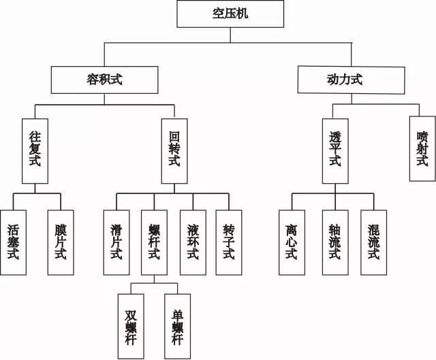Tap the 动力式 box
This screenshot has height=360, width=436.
(339, 80)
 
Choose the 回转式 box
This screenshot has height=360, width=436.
(174, 151)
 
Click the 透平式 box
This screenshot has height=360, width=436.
(334, 151)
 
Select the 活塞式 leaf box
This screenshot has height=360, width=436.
(13, 242)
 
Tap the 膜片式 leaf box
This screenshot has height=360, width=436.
(60, 242)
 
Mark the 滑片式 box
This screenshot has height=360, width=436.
(116, 242)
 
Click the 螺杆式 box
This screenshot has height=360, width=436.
(154, 242)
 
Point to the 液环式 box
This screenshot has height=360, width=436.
(193, 242)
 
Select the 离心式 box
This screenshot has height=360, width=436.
(292, 242)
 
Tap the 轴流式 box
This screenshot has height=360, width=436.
(334, 242)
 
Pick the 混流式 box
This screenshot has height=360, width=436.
(373, 242)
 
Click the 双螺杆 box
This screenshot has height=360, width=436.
(131, 325)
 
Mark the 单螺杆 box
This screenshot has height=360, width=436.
(177, 325)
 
